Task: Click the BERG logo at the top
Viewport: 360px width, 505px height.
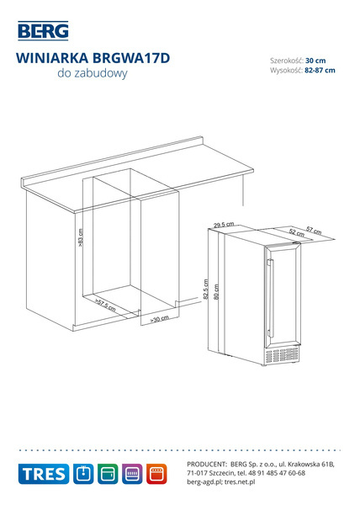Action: tap(43, 31)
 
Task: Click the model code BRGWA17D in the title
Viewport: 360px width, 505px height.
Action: tap(131, 58)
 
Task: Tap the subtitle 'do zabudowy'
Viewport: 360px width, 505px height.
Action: tap(93, 73)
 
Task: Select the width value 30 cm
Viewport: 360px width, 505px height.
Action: tap(315, 61)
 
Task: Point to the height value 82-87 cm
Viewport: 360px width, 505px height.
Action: tap(320, 70)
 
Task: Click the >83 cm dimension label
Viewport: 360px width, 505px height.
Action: tap(81, 237)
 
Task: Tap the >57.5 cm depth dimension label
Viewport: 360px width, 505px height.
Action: tap(105, 305)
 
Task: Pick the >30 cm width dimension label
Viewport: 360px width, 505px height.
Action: tap(160, 319)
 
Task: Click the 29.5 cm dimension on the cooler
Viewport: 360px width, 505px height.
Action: tap(224, 224)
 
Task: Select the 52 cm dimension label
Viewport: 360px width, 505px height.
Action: tap(296, 232)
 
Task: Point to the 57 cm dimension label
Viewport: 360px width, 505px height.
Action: tap(314, 231)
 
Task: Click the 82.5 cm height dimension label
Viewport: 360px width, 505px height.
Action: tap(206, 290)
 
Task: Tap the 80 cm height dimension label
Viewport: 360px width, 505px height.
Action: tap(216, 292)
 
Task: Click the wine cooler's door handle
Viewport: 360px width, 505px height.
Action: tap(271, 298)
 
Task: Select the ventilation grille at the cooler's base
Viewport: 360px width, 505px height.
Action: tap(282, 354)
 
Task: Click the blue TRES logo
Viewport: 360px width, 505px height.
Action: tap(44, 474)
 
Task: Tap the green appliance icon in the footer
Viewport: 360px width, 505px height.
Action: tap(108, 474)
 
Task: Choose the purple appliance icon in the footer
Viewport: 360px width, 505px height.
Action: tap(132, 474)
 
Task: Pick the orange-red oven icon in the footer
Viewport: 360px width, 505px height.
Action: tap(156, 474)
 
